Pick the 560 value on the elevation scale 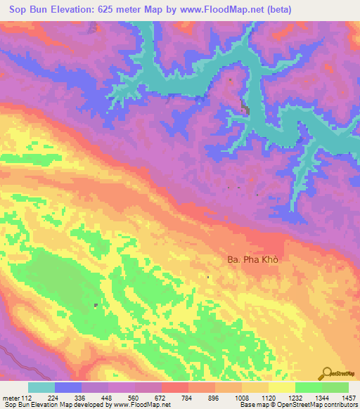(134, 398)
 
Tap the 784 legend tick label (188, 398)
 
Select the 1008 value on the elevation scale (241, 398)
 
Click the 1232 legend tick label (295, 398)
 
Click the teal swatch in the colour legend (41, 387)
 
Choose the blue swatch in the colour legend (68, 387)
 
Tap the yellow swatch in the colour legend (282, 387)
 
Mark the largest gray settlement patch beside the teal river (245, 107)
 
